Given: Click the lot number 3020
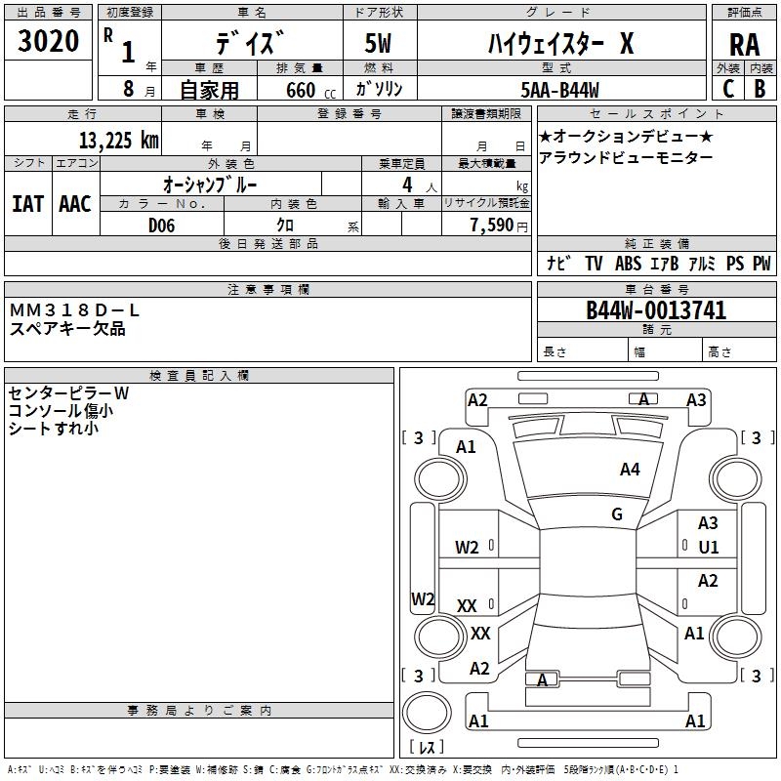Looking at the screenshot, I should click(x=49, y=43).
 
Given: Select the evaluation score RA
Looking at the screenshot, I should click(x=745, y=45).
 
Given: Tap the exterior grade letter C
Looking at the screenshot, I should click(x=727, y=88).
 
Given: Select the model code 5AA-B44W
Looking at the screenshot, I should click(x=560, y=89).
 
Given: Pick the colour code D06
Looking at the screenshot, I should click(x=162, y=226).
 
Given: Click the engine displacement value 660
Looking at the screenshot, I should click(x=300, y=90).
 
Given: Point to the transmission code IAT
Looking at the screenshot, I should click(x=27, y=204).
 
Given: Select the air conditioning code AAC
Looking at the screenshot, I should click(x=75, y=204).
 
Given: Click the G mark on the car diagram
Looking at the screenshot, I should click(x=616, y=514).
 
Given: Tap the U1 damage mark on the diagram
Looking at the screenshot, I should click(x=708, y=548).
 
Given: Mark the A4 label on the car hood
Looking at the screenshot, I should click(x=630, y=470).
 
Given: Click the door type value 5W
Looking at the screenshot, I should click(x=379, y=45).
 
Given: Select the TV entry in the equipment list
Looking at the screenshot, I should click(x=594, y=264).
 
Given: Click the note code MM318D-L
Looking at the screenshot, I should click(x=75, y=310).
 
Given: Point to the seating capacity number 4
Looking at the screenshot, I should click(x=405, y=185).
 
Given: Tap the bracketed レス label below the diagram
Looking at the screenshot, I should click(x=426, y=748).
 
